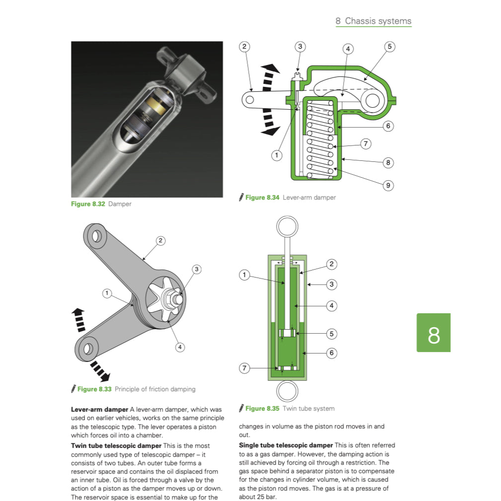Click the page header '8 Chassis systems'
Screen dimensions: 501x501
[373, 21]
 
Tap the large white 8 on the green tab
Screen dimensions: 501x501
[433, 336]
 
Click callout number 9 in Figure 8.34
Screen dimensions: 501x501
[388, 185]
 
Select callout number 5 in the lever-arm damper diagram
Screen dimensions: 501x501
[389, 47]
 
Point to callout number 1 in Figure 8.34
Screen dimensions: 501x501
[277, 155]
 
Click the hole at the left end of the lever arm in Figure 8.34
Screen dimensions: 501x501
[250, 99]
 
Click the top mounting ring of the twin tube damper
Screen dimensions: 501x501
[286, 227]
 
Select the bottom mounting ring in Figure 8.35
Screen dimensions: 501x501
[286, 391]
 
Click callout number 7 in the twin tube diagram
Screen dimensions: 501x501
[244, 368]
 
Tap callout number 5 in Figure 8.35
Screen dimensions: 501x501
[332, 333]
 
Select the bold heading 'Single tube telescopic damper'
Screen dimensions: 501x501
[286, 445]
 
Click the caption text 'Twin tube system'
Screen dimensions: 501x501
[308, 409]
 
